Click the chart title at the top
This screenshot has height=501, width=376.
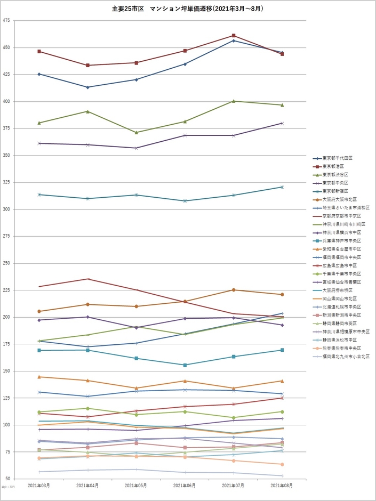pyautogui.click(x=188, y=9)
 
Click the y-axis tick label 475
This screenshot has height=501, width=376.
pyautogui.click(x=6, y=21)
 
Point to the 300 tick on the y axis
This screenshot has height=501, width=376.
pyautogui.click(x=6, y=209)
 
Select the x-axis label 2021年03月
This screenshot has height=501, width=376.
pyautogui.click(x=39, y=486)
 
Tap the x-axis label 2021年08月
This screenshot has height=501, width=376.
pyautogui.click(x=282, y=486)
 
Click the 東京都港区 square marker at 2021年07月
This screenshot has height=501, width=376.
pyautogui.click(x=234, y=36)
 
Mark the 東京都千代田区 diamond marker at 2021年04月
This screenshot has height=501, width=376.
pyautogui.click(x=87, y=87)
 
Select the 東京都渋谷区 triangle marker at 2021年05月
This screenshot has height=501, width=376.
pyautogui.click(x=137, y=132)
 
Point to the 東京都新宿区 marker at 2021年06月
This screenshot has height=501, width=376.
pyautogui.click(x=185, y=201)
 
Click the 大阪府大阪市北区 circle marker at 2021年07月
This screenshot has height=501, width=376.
pyautogui.click(x=234, y=290)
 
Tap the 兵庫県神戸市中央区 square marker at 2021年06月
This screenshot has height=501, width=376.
pyautogui.click(x=185, y=365)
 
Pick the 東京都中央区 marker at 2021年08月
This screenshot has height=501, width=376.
pyautogui.click(x=282, y=123)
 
